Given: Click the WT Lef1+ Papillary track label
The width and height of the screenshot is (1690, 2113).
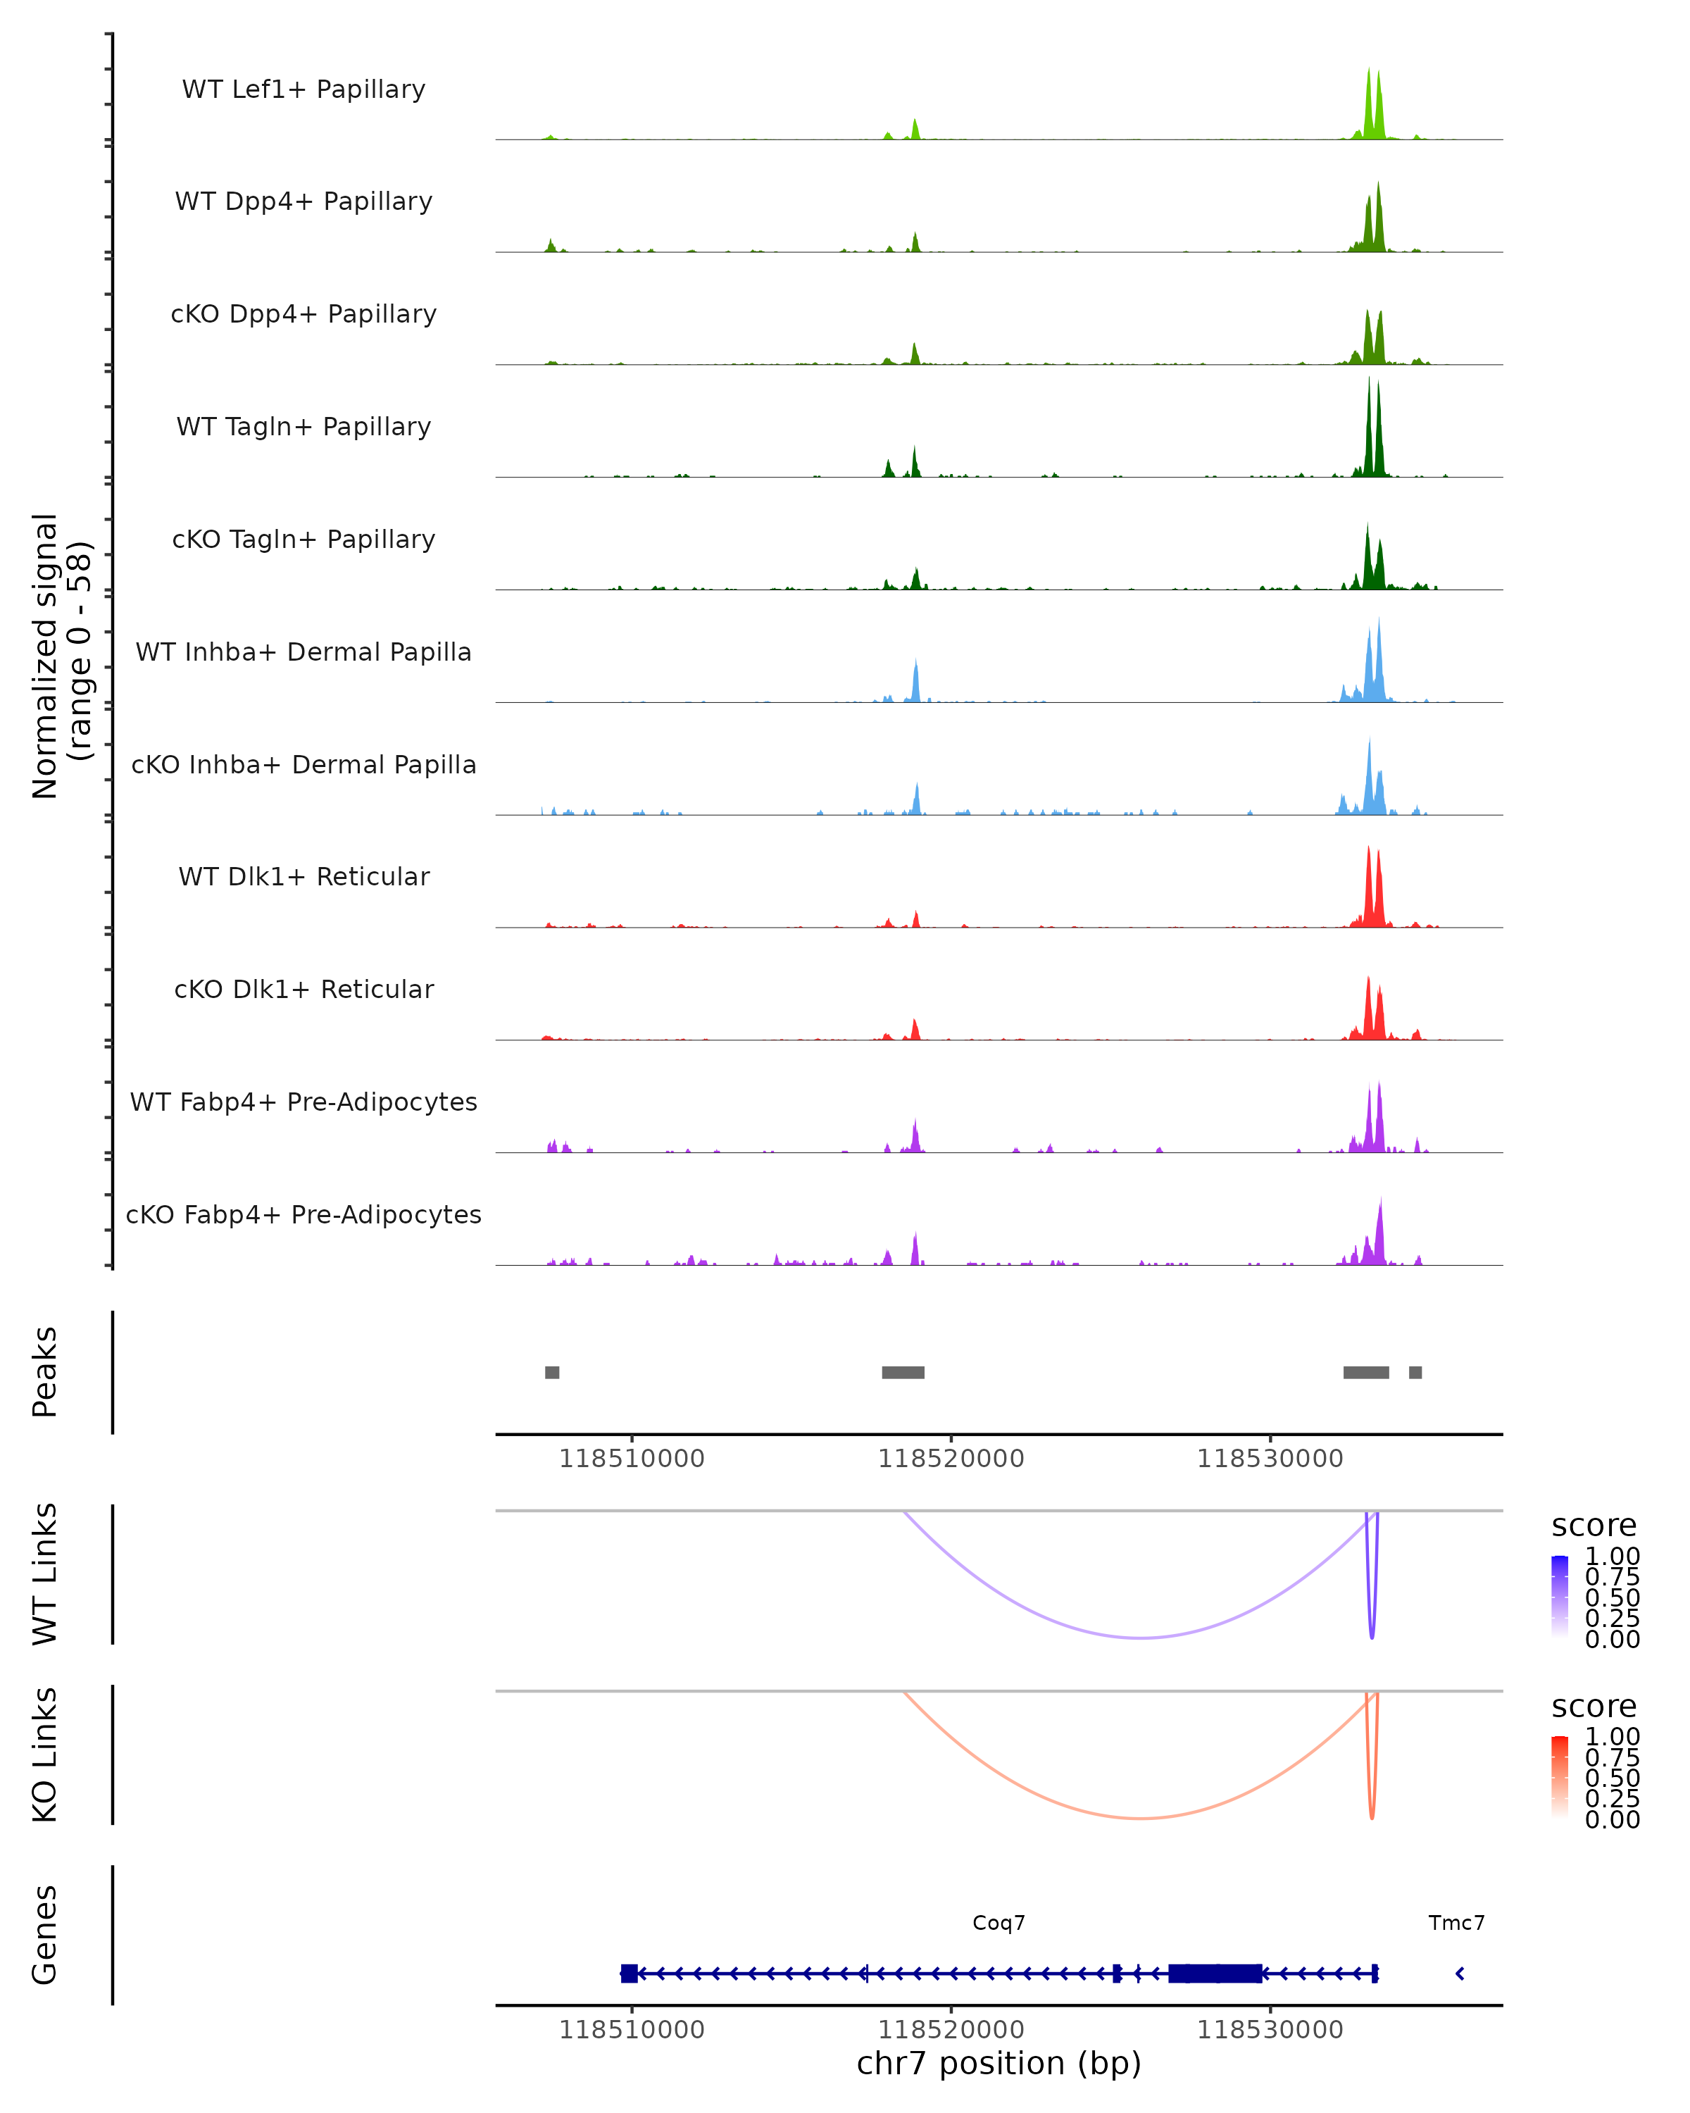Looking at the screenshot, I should (303, 89).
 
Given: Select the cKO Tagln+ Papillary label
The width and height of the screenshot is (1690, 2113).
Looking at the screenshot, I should (303, 539).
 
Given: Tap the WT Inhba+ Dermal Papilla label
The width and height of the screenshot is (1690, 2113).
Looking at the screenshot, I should (303, 652).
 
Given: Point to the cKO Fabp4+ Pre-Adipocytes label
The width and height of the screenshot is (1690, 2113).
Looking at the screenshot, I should (303, 1214).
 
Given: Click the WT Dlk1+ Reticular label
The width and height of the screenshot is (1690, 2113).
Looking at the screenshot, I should (303, 876).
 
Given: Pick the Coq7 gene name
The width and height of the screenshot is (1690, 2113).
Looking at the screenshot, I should (999, 1923).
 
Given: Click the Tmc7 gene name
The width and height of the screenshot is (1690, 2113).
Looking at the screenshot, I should (1456, 1923).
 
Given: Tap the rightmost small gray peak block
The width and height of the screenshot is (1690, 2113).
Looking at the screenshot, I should (1415, 1372).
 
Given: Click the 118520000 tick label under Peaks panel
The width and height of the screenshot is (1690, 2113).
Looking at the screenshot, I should (951, 1459).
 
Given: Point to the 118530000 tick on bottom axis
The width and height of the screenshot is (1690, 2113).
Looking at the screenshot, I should (1270, 2030).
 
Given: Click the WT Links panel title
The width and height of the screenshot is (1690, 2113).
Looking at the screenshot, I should (45, 1574).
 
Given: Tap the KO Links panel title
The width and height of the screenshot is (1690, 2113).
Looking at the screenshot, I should (45, 1755).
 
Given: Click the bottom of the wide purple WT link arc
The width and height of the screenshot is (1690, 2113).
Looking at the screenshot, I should (1140, 1638).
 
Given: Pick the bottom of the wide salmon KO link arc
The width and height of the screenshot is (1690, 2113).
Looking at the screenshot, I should (1140, 1818).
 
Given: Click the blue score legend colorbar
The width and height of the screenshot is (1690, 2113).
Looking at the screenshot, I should (1560, 1595).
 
